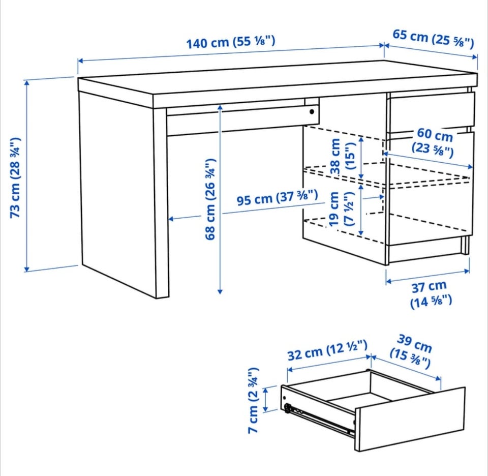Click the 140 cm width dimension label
click(231, 42)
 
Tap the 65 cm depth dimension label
click(433, 38)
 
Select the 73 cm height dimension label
click(15, 177)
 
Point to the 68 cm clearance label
click(210, 199)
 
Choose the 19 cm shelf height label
click(342, 209)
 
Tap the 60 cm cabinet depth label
click(434, 142)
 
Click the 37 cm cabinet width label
click(430, 294)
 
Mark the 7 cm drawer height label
click(254, 400)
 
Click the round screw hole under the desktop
click(312, 111)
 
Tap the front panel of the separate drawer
click(410, 419)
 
